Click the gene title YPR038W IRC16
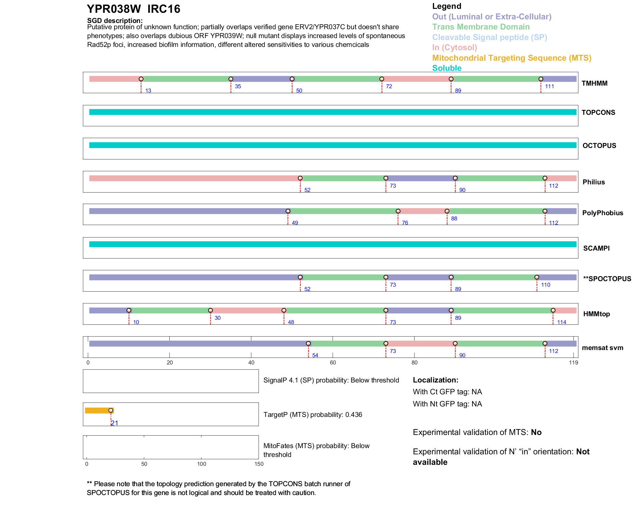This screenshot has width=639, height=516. tap(133, 9)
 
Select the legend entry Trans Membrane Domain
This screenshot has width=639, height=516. tap(481, 27)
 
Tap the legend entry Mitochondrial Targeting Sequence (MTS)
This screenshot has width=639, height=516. tap(512, 58)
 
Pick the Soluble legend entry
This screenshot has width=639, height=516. tap(447, 68)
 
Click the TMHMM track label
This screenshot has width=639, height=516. tap(594, 83)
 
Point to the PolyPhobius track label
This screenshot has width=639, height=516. tap(602, 213)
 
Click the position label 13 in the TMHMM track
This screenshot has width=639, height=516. tap(148, 91)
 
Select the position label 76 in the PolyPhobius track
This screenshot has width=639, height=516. tap(405, 223)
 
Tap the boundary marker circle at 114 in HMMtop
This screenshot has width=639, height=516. tap(553, 310)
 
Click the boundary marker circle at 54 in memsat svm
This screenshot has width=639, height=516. tap(308, 343)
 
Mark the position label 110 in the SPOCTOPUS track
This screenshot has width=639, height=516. tap(546, 285)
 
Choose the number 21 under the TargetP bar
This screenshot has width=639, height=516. tap(115, 423)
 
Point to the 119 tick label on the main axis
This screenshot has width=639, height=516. tap(573, 362)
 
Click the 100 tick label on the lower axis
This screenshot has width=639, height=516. tap(202, 464)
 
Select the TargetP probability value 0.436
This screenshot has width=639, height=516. tap(354, 415)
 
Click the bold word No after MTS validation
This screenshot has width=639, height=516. tap(536, 432)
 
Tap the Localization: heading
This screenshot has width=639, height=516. tap(436, 380)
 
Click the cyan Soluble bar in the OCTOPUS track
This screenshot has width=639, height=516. tap(333, 145)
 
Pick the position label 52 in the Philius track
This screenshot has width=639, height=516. tap(307, 190)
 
